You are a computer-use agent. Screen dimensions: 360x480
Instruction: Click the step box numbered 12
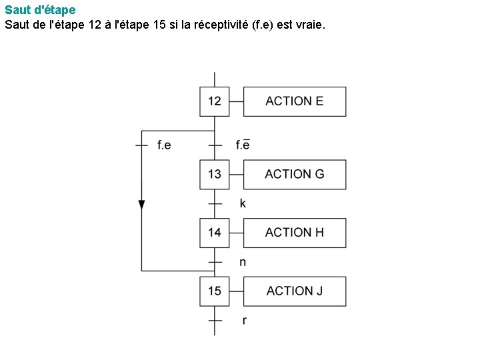click(x=214, y=101)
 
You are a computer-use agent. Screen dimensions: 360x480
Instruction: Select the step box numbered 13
click(x=214, y=174)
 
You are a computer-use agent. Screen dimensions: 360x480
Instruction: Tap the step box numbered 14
click(x=214, y=233)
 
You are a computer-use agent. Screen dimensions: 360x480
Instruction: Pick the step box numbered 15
click(x=214, y=291)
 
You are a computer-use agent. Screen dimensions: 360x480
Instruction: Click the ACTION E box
click(x=295, y=101)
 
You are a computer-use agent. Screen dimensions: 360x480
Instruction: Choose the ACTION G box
click(x=295, y=174)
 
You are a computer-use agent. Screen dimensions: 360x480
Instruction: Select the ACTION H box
click(x=295, y=233)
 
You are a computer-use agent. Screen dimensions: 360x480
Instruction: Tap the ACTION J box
click(x=295, y=291)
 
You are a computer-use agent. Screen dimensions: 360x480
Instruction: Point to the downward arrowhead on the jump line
click(x=141, y=205)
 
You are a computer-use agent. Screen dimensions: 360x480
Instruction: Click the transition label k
click(x=243, y=203)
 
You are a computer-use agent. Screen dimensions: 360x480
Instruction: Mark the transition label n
click(x=243, y=262)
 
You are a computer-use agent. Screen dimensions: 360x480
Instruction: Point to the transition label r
click(x=244, y=321)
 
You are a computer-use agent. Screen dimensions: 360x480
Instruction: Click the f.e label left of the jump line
click(x=164, y=145)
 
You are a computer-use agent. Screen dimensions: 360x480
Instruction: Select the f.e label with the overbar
click(x=243, y=145)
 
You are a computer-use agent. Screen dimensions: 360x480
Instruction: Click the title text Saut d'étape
click(x=40, y=10)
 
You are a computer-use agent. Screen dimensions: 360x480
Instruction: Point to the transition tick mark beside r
click(x=214, y=321)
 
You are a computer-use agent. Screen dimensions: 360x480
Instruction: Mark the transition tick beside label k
click(x=214, y=203)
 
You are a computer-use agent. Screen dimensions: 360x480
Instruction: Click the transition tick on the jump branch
click(x=141, y=145)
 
